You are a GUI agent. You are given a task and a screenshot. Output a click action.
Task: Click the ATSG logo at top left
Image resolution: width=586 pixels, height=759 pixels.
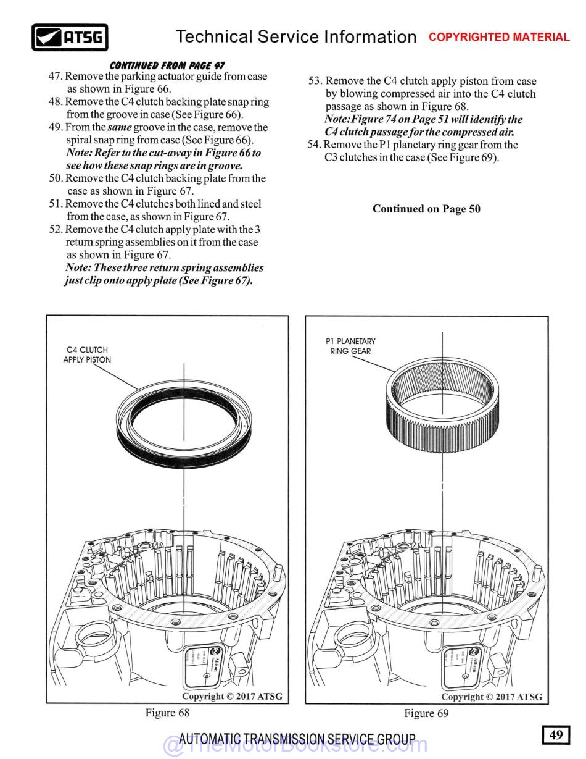[70, 38]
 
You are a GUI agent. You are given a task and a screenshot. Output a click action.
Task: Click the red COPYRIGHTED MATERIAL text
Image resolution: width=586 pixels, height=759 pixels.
[499, 37]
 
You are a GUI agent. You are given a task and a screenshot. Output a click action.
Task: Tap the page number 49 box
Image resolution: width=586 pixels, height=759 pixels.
[556, 734]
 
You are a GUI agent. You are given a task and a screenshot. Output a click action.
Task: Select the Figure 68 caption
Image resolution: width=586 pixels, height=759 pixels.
[167, 713]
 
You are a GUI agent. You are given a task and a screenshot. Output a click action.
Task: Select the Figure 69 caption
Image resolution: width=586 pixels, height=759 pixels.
[426, 713]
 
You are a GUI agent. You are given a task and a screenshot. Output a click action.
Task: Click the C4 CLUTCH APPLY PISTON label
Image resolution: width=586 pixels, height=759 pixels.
[87, 354]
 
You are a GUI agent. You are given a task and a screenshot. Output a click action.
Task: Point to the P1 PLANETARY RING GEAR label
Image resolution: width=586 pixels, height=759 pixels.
[350, 346]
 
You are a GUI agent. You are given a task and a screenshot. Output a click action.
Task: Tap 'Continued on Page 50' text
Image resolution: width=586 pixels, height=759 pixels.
[426, 209]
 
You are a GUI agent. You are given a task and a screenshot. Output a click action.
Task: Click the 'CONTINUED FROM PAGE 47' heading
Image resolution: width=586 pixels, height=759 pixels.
[167, 65]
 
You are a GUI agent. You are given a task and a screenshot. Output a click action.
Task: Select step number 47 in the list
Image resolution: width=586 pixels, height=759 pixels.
[55, 77]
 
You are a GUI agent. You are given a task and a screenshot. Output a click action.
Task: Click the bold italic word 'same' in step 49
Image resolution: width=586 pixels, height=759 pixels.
[120, 127]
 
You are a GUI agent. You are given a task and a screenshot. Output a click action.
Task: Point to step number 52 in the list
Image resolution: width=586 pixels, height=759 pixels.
[55, 229]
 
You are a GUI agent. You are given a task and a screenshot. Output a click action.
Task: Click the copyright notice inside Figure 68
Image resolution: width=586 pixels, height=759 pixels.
[232, 696]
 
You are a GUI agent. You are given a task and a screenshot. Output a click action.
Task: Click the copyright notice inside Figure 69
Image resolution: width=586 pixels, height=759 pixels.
[491, 697]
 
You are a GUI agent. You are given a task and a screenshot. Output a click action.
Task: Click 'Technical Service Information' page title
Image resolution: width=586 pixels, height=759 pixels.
[296, 37]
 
